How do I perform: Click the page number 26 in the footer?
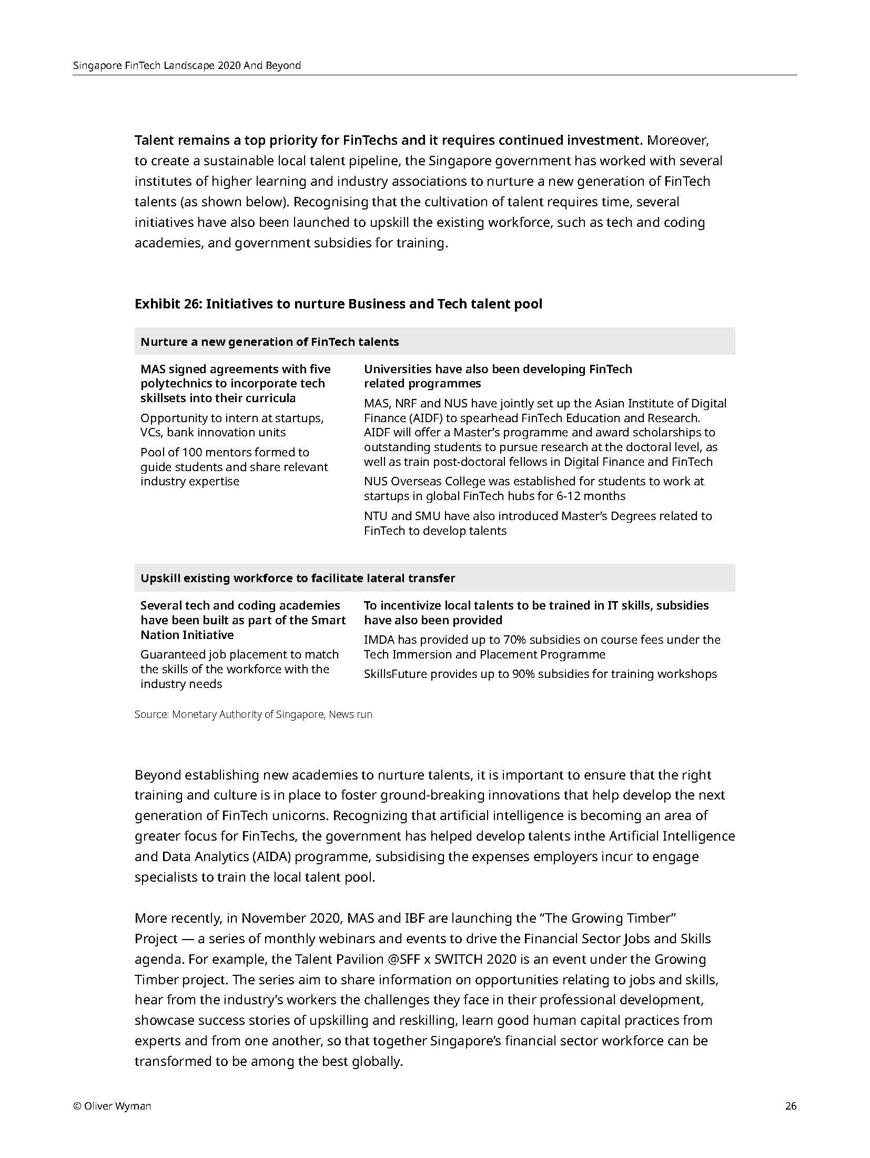791,1106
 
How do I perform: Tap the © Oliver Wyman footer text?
112,1106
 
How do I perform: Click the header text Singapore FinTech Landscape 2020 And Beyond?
187,66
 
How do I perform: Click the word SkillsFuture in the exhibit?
395,674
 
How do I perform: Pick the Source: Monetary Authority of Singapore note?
253,714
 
